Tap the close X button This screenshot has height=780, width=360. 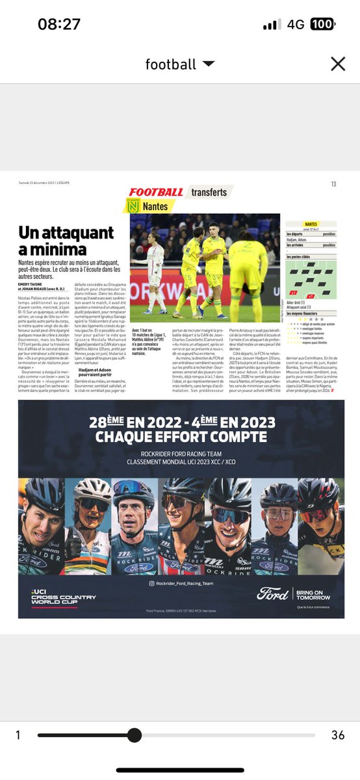click(x=337, y=64)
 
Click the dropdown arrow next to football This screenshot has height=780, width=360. click(x=209, y=64)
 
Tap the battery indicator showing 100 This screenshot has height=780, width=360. click(x=322, y=24)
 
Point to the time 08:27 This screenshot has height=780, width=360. click(x=59, y=24)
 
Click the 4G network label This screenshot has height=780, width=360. click(x=296, y=24)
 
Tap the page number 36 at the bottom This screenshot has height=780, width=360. click(x=338, y=735)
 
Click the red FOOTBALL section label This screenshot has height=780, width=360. click(x=156, y=192)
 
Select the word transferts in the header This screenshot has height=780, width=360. click(x=209, y=192)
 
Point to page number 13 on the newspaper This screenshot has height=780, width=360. click(x=333, y=185)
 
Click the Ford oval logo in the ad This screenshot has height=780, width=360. click(x=273, y=593)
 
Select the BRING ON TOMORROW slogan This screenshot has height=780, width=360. click(x=313, y=593)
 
